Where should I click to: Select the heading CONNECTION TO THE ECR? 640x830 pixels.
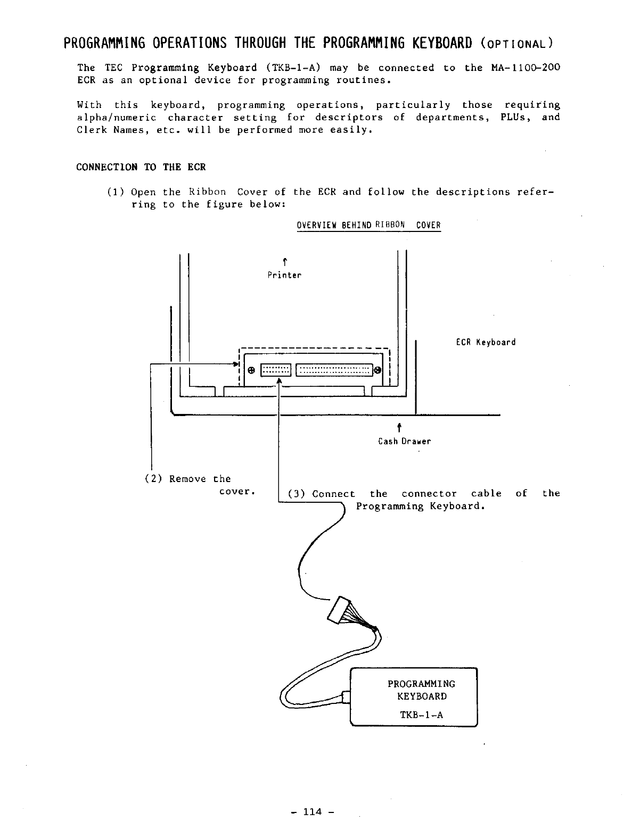[141, 167]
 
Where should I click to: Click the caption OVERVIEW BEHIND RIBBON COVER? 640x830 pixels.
[368, 225]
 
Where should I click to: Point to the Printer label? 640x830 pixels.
[284, 275]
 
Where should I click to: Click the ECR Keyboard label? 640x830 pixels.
[486, 342]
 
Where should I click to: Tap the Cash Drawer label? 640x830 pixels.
[404, 441]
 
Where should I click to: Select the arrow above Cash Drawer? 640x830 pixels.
[399, 428]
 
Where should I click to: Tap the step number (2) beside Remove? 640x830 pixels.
[153, 479]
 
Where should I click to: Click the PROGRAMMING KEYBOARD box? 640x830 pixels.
[414, 696]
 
